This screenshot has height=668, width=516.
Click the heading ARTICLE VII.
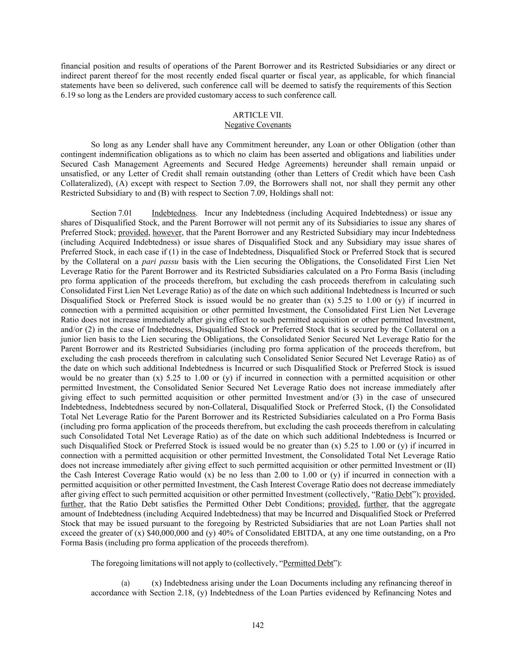(258, 115)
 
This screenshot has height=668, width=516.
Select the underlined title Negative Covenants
(258, 125)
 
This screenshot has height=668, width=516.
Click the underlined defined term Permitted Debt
(308, 563)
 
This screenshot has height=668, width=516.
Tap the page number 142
(258, 625)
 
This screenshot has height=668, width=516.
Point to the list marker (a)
(126, 583)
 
